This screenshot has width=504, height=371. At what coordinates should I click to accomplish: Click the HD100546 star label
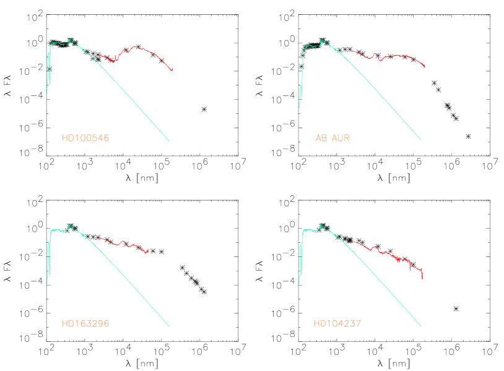click(85, 138)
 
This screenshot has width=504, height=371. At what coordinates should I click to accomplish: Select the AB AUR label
click(332, 138)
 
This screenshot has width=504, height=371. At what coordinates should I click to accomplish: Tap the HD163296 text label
click(85, 323)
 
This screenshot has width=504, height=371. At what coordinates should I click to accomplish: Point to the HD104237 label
click(337, 323)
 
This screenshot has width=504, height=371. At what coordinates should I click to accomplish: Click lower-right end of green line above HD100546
click(169, 141)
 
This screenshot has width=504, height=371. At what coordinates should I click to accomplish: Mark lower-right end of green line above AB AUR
click(421, 140)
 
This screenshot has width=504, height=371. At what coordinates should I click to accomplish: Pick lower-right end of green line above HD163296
click(169, 326)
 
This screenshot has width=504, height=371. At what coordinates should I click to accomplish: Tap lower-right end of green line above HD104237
click(421, 326)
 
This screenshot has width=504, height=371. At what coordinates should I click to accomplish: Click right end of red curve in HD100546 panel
click(173, 68)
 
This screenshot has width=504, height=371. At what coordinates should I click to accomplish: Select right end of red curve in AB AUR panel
click(425, 66)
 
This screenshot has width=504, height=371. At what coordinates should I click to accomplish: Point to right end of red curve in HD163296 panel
click(149, 250)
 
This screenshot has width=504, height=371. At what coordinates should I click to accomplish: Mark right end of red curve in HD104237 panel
click(422, 279)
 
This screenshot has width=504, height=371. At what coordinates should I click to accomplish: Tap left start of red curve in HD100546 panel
click(99, 55)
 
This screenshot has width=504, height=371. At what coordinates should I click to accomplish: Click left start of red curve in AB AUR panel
click(351, 51)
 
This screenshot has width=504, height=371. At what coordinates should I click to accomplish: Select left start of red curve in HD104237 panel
click(351, 241)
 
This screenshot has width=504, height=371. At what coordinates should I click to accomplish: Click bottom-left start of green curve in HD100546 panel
click(47, 93)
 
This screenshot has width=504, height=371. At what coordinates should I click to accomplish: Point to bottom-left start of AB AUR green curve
click(298, 108)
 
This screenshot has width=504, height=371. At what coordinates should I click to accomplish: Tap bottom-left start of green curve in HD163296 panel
click(47, 282)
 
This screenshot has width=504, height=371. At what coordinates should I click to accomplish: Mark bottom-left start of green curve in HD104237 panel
click(298, 284)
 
